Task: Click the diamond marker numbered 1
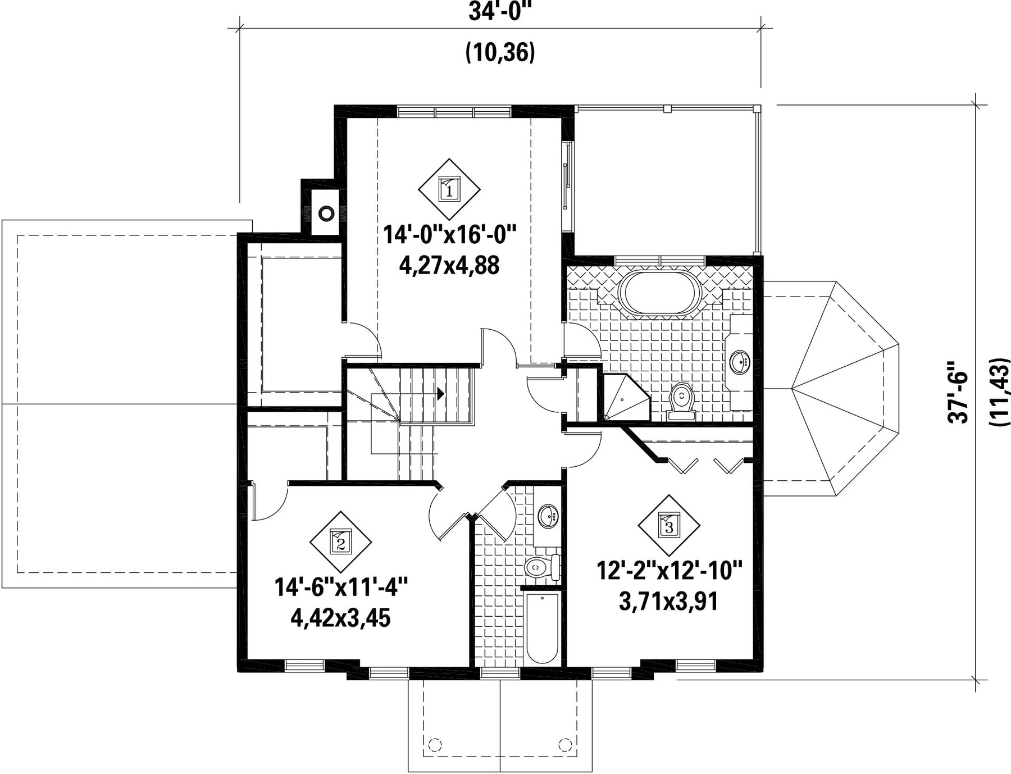[x=449, y=189]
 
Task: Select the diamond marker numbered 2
[x=341, y=542]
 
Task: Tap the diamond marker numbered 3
[x=669, y=525]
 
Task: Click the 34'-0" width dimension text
[x=500, y=12]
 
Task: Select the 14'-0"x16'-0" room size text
[x=449, y=234]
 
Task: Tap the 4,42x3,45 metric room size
[x=340, y=618]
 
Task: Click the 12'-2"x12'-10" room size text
[x=670, y=571]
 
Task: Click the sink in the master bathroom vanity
[x=740, y=362]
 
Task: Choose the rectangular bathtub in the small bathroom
[x=543, y=629]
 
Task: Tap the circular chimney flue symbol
[x=326, y=213]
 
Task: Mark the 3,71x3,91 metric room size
[x=669, y=602]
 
